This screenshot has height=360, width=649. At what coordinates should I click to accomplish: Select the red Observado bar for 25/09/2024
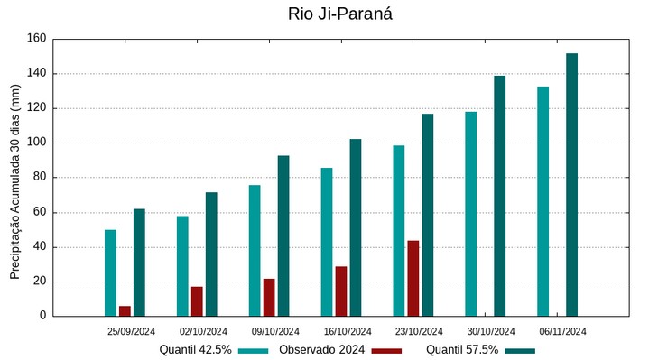click(x=125, y=311)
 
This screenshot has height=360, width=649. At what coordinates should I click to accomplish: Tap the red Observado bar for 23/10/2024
click(x=413, y=278)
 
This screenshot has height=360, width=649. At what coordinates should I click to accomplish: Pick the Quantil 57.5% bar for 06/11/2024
click(x=571, y=185)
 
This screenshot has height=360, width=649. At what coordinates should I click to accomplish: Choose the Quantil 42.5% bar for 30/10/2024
click(x=470, y=214)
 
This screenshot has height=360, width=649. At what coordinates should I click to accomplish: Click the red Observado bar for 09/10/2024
click(x=269, y=298)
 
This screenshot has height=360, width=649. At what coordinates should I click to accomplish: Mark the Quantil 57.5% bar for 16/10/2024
click(x=355, y=227)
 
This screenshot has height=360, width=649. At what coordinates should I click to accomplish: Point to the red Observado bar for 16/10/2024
click(x=341, y=291)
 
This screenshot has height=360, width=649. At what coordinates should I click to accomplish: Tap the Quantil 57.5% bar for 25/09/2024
click(x=139, y=263)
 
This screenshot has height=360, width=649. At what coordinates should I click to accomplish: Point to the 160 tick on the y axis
click(x=36, y=39)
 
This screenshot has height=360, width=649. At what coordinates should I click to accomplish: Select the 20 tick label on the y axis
click(x=39, y=282)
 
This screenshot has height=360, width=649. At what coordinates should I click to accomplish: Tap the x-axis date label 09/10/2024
click(x=275, y=331)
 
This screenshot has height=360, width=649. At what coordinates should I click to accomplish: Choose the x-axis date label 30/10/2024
click(x=491, y=331)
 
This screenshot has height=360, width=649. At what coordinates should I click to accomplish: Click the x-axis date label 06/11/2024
click(x=563, y=331)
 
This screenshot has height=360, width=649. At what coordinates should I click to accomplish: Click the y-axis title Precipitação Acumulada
click(x=15, y=181)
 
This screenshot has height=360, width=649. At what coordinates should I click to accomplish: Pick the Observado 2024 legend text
click(x=321, y=349)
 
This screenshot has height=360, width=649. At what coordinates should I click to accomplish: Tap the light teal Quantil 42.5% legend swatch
click(x=255, y=350)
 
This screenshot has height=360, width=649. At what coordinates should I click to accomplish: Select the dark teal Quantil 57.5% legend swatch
click(x=519, y=350)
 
